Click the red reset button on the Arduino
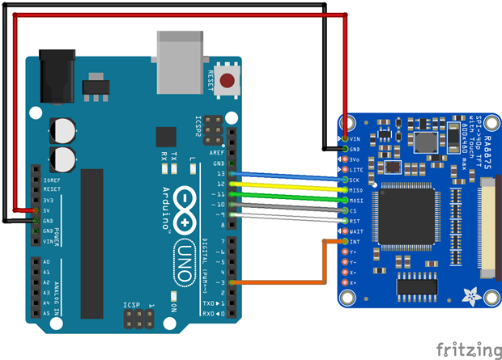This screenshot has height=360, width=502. tap(229, 81)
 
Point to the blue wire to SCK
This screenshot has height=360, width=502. tap(283, 176)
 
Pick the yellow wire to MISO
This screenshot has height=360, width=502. tap(283, 186)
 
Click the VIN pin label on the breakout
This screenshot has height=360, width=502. tap(355, 138)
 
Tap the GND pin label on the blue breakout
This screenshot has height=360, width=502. tap(355, 149)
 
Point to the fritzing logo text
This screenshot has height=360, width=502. tap(466, 349)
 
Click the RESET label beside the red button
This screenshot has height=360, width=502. tap(211, 81)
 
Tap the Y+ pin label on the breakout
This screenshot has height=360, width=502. tap(353, 252)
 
